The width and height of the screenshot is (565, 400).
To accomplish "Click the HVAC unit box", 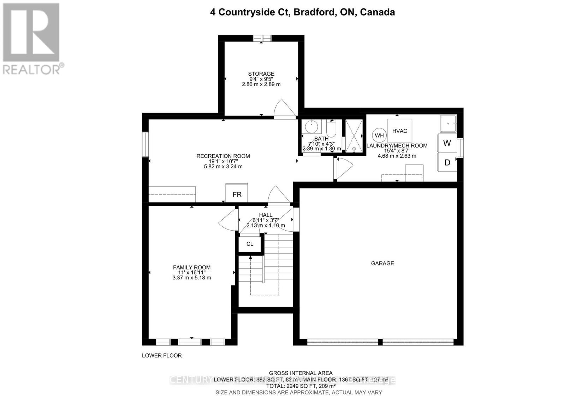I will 400,131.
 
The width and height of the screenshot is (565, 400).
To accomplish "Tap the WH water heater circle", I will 379,135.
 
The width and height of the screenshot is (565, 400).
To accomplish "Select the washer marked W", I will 447,143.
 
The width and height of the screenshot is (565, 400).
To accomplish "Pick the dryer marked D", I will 447,162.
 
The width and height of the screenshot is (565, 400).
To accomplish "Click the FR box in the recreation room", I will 237,193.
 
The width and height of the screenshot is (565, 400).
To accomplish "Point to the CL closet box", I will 250,244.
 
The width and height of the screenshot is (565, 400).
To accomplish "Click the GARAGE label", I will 382,263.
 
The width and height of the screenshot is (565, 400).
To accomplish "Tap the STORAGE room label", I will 261,74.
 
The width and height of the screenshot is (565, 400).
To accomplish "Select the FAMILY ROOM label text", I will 192,267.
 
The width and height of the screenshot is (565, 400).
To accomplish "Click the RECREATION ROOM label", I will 223,156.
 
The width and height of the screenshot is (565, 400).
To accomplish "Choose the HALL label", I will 266,215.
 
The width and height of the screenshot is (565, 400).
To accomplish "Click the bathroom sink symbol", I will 311,126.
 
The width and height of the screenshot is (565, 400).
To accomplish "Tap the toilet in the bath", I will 331,127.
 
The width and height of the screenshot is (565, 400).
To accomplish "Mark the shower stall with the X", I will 353,136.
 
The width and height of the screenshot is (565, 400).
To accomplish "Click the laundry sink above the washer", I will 448,123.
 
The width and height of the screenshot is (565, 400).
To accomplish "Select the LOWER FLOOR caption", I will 162,355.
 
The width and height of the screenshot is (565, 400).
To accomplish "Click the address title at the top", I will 302,12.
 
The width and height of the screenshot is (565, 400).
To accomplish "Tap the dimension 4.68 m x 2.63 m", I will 397,156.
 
